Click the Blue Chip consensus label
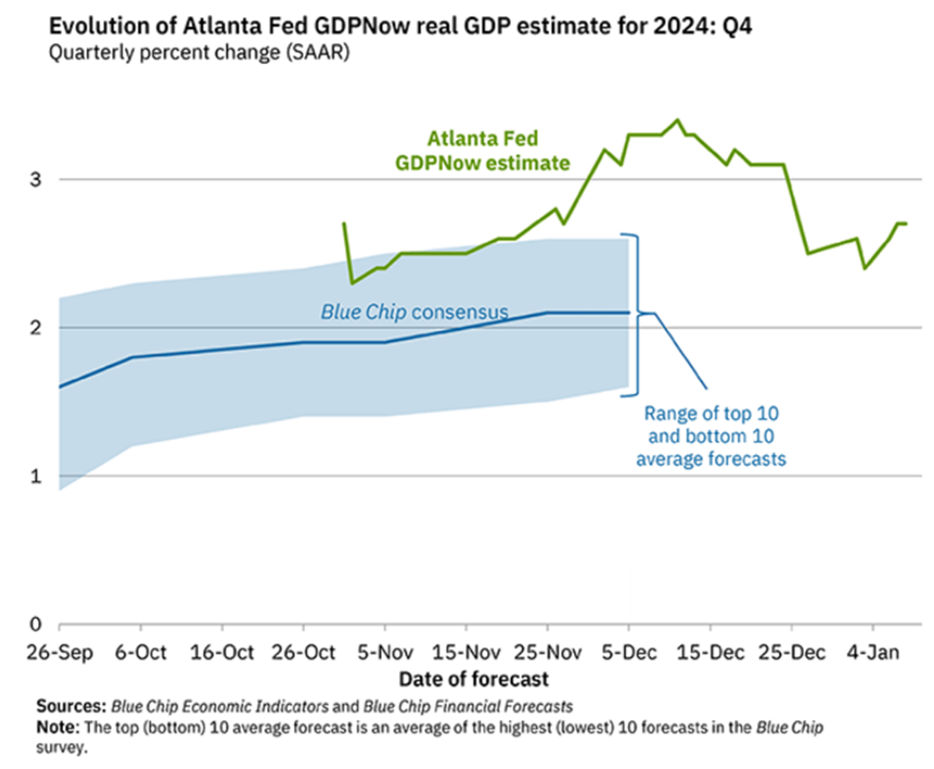point(413,311)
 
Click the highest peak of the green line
point(678,120)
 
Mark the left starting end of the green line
point(344,223)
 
